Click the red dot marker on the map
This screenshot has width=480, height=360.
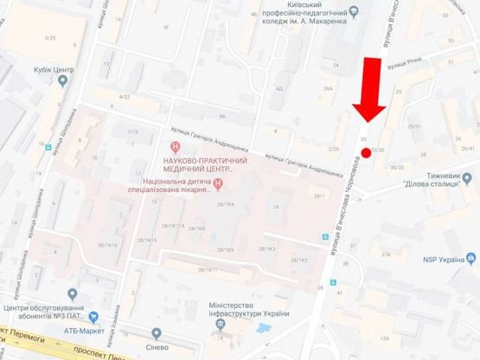(x=366, y=152)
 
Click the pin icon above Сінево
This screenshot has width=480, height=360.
(x=157, y=332)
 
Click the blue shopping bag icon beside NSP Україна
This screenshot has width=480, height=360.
(x=472, y=257)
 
